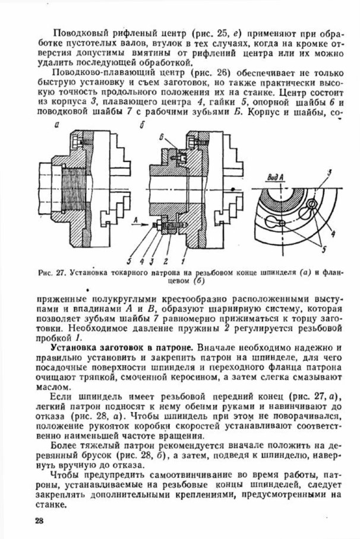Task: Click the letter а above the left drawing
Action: (55, 125)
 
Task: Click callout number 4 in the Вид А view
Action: (331, 233)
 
